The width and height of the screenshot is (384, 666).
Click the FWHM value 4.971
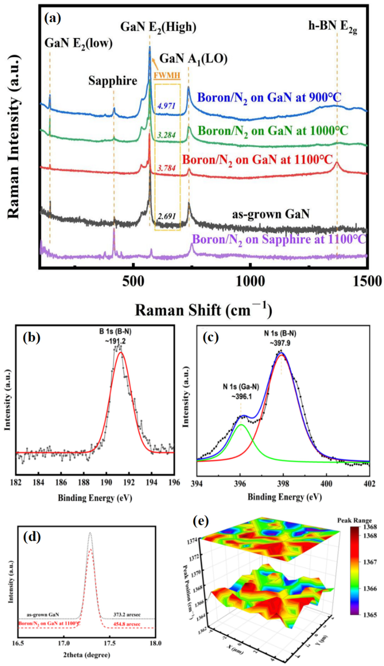click(166, 106)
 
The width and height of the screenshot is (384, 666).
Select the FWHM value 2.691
click(167, 216)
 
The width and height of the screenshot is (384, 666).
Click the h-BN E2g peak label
click(333, 27)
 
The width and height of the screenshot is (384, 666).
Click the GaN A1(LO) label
click(193, 59)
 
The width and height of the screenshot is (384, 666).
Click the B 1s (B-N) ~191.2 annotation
click(115, 336)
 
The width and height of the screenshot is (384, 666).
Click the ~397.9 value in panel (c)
click(280, 343)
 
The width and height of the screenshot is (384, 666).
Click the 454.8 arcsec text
click(127, 624)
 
